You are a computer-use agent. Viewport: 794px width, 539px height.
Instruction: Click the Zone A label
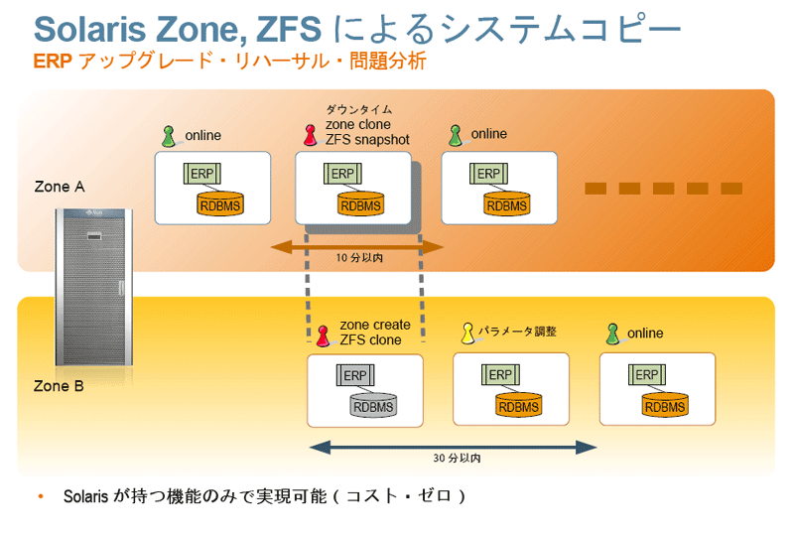(53, 187)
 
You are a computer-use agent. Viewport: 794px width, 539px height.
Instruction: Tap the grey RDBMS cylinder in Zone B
(372, 405)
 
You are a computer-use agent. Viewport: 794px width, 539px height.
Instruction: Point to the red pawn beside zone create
(323, 334)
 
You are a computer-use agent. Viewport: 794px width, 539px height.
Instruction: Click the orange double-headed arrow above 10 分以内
(358, 245)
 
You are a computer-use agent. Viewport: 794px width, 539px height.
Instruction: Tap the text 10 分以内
(358, 258)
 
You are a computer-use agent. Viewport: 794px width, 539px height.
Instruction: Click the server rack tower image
(89, 288)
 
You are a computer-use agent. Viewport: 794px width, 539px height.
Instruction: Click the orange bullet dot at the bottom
(41, 494)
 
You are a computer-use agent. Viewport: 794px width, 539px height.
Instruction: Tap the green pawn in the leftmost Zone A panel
(169, 135)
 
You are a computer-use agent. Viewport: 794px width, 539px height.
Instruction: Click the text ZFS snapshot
(367, 140)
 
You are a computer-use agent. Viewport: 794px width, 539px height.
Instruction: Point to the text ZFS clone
(370, 340)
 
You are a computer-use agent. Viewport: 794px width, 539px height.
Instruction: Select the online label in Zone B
(645, 334)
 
